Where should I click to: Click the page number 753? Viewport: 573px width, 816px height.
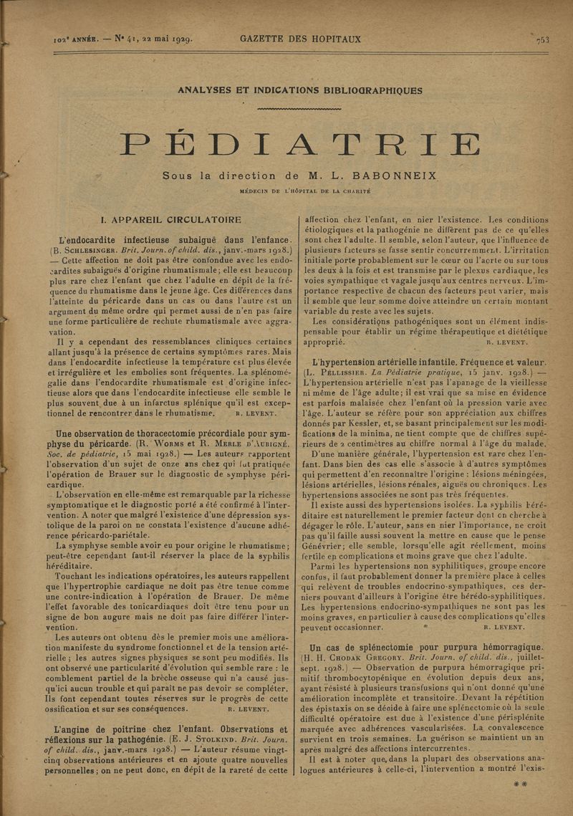click(542, 40)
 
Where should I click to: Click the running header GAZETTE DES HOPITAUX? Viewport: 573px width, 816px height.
click(300, 39)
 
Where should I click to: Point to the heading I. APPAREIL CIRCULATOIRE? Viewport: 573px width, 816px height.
click(171, 220)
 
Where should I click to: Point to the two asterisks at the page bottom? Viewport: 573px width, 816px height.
click(521, 785)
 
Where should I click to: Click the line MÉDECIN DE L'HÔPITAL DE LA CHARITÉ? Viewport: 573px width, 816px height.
click(300, 192)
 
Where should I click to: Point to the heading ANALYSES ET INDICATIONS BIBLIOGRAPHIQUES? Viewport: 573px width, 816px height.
click(300, 91)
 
